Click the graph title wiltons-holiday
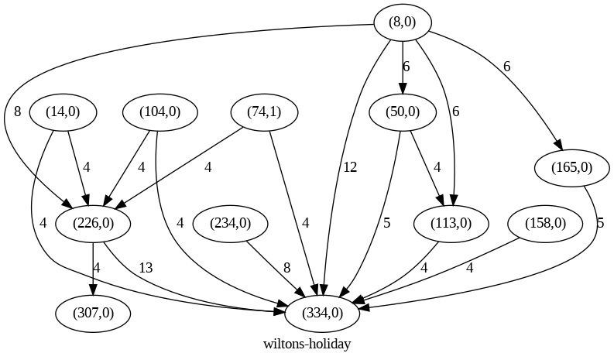click(307, 344)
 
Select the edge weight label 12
click(349, 167)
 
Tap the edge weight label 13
click(146, 268)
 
